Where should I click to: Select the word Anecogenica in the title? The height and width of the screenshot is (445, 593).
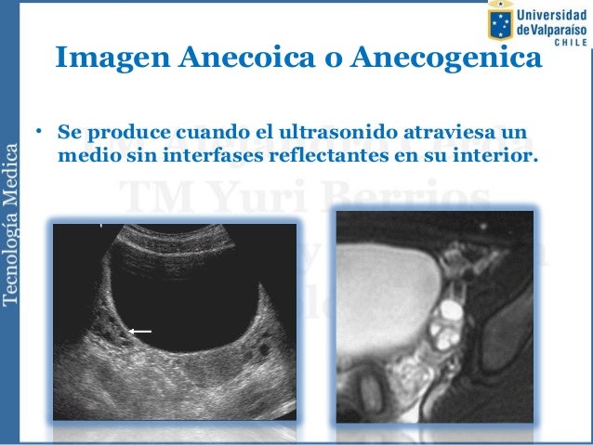[x=444, y=60]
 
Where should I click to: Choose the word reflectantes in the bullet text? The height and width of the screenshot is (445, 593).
[x=318, y=153]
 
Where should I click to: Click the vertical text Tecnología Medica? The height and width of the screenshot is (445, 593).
[x=12, y=221]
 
